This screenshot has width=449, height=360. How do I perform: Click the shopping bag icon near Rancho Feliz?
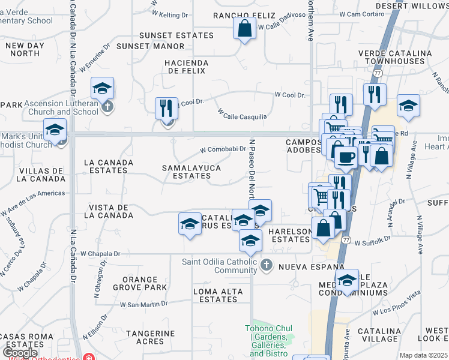[244, 29]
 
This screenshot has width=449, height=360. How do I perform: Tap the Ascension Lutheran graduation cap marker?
[103, 89]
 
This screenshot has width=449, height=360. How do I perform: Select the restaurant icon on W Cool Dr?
[166, 109]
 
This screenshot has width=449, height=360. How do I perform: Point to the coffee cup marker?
[345, 157]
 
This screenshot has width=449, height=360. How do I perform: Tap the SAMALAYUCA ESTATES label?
[191, 172]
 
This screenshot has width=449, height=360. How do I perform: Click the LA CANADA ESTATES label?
[106, 166]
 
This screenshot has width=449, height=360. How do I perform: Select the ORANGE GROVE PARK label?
[144, 283]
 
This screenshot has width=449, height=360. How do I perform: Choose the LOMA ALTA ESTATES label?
[218, 295]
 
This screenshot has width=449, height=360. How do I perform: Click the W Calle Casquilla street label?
[242, 113]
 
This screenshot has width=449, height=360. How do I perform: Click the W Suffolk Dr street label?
[373, 243]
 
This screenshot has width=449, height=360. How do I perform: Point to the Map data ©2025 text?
[423, 355]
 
